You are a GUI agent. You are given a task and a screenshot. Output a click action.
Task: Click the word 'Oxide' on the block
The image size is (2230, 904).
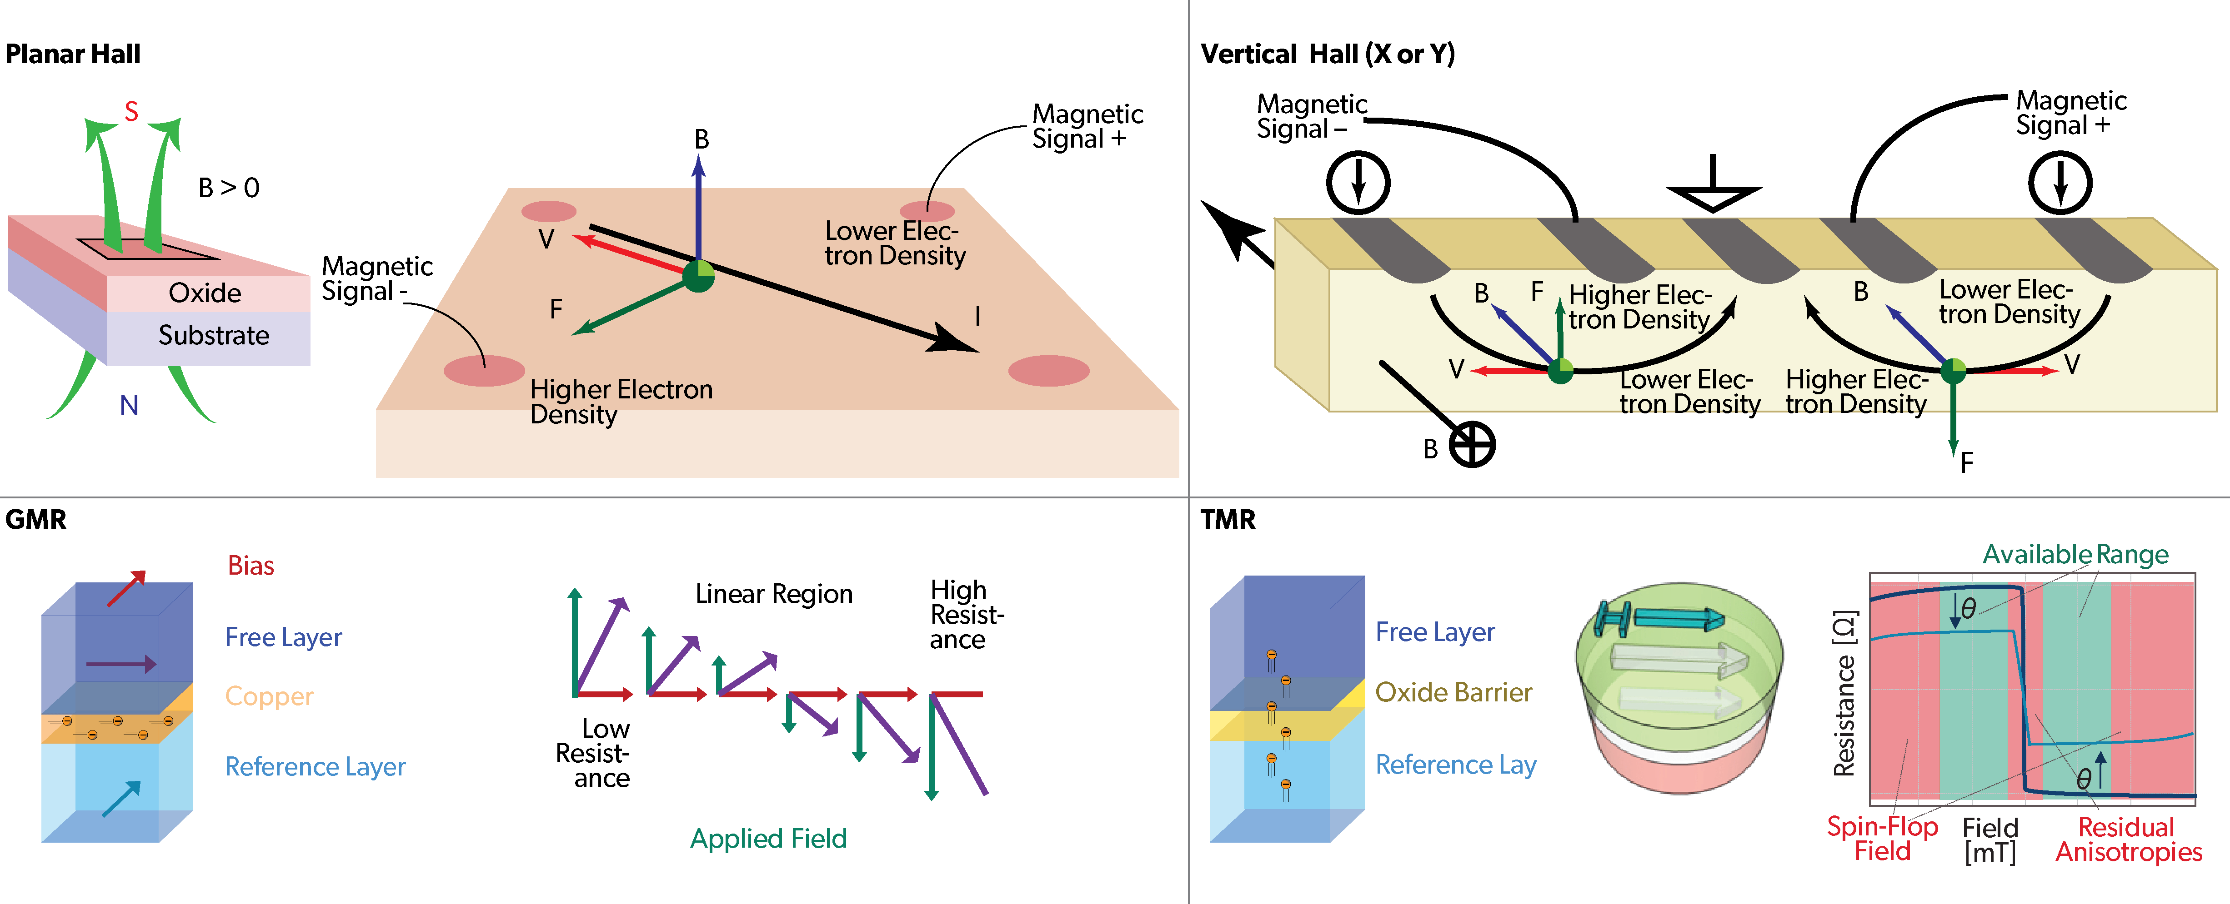205,293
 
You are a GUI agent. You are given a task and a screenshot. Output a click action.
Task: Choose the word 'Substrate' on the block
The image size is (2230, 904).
214,336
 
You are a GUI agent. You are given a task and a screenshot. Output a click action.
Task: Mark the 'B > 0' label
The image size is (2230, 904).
229,188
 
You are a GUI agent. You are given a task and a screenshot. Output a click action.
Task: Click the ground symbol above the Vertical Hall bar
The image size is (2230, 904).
1713,186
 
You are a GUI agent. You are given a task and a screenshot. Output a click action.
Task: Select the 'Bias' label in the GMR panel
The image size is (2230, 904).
251,566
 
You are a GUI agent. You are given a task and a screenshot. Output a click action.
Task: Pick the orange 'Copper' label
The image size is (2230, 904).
269,696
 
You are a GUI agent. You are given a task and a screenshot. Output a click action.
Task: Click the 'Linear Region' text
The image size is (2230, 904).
774,594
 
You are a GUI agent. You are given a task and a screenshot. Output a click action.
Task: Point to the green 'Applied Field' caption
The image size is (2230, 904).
768,838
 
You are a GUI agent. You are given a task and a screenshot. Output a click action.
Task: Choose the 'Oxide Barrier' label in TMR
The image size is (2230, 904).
1453,692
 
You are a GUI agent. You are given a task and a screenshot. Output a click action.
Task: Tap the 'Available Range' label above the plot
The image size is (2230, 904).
2075,555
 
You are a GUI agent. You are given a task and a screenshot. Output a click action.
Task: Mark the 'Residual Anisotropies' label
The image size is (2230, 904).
2128,839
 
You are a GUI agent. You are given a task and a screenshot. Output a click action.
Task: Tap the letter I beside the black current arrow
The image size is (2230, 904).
978,317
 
